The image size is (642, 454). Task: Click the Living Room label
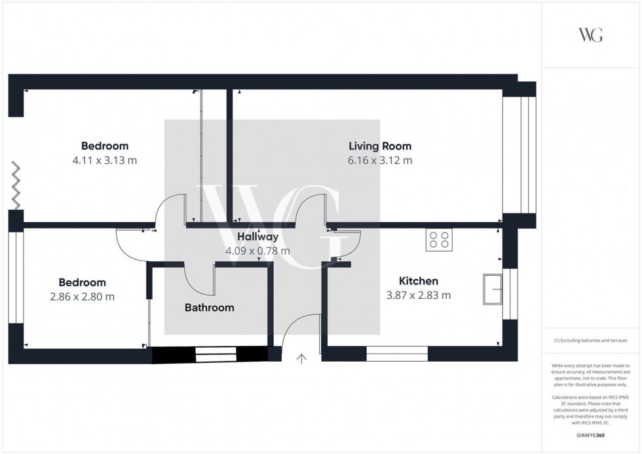coord(380,146)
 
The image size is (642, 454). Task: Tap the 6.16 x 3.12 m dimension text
coord(380,161)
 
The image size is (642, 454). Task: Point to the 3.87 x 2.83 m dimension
coord(418,295)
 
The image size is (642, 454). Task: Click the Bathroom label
coord(209,307)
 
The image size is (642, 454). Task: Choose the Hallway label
coord(257,237)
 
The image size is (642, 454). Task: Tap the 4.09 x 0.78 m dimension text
coord(257,251)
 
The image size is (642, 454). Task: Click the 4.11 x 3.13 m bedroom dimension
coord(104,161)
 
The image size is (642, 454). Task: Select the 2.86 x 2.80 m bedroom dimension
coord(82,297)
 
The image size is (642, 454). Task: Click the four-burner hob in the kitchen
coord(438,240)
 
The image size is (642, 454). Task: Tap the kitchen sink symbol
coord(492,290)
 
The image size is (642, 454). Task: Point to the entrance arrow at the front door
coord(301,358)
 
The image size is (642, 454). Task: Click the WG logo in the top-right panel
coord(590,35)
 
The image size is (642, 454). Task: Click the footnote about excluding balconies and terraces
coord(591,341)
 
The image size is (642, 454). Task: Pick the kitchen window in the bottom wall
coord(397,354)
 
